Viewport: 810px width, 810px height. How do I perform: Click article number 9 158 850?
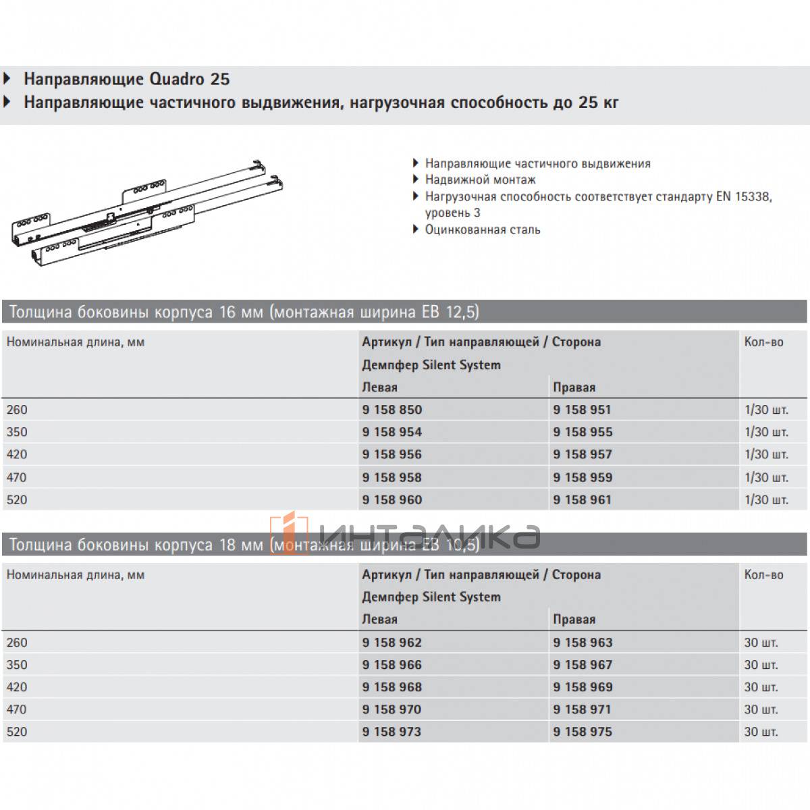[x=391, y=410]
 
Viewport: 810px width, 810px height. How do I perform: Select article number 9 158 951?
[x=582, y=410]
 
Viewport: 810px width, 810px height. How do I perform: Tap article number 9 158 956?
[x=391, y=454]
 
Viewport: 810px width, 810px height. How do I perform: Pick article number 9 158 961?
[x=582, y=500]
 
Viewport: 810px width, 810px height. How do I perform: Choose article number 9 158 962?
[x=391, y=643]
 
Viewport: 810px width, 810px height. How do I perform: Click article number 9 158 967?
[x=582, y=665]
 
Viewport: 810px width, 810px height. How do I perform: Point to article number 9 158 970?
[x=391, y=709]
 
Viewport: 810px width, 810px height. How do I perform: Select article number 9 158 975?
[x=582, y=732]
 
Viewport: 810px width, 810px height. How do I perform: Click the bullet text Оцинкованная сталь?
[x=483, y=230]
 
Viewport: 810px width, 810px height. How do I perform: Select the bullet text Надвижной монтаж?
[x=480, y=180]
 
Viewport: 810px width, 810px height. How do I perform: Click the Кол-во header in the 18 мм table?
[x=763, y=575]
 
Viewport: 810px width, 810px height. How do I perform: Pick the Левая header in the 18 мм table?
[x=379, y=620]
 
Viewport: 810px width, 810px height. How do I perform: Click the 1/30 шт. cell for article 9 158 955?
[x=766, y=432]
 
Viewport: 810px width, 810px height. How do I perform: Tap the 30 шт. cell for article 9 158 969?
[x=761, y=687]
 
